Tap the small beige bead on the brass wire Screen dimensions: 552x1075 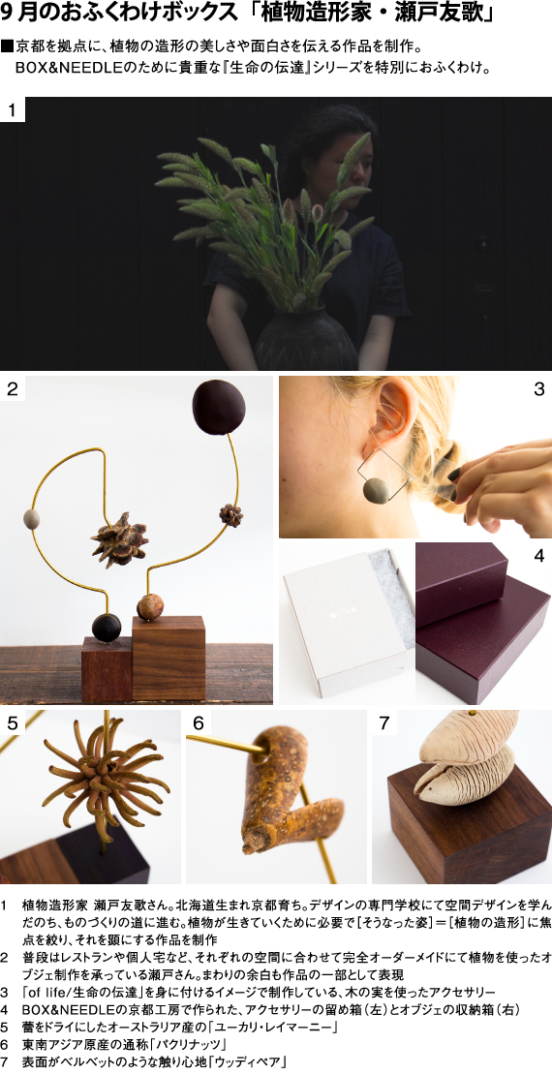(31, 515)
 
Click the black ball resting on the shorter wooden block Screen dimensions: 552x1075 (107, 627)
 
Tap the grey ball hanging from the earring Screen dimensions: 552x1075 (377, 488)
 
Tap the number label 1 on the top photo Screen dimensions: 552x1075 (13, 109)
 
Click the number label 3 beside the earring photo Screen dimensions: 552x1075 (539, 388)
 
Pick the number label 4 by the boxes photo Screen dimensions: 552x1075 (539, 555)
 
